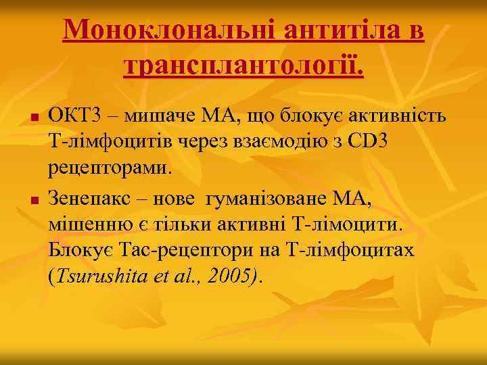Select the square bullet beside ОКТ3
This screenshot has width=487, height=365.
pyautogui.click(x=32, y=118)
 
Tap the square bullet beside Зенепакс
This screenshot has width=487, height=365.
pyautogui.click(x=32, y=199)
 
